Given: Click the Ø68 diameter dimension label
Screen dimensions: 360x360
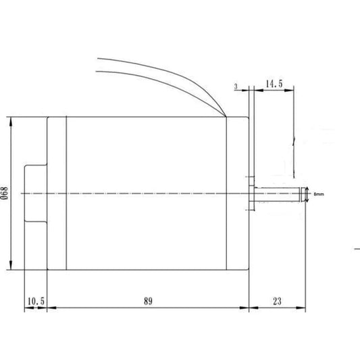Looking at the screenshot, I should (5, 194).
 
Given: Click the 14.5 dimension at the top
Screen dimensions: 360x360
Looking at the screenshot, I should (274, 84).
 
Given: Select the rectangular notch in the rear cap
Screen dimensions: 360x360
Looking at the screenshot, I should (35, 194).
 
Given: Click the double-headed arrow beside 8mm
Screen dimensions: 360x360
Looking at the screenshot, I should (307, 194).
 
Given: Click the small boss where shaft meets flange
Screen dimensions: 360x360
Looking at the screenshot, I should (253, 194).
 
